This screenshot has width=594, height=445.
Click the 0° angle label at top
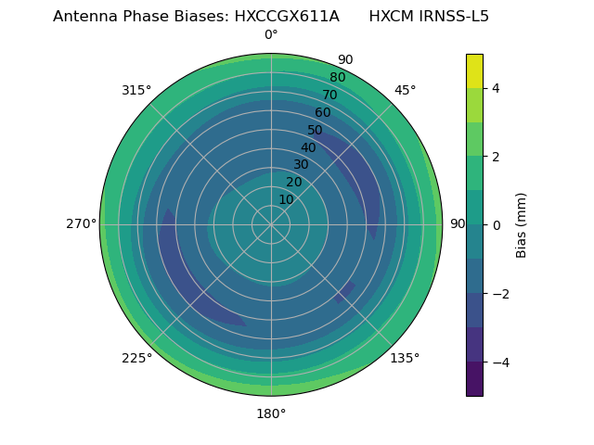[271, 35]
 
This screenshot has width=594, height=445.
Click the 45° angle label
[405, 90]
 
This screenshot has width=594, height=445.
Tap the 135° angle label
[405, 358]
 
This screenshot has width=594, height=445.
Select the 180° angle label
[271, 413]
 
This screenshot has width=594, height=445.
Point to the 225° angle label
[136, 358]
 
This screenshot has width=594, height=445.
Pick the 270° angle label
[81, 224]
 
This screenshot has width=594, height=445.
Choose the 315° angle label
[136, 90]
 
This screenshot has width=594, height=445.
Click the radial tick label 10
[286, 199]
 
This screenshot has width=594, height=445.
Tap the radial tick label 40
[308, 147]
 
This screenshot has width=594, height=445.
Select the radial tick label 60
[323, 113]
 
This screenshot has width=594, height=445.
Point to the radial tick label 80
[338, 78]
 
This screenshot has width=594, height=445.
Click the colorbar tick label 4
[496, 88]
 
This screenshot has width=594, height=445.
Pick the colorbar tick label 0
[496, 224]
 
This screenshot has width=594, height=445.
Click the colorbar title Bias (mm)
[522, 224]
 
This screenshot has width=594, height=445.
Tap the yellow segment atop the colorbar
[475, 70]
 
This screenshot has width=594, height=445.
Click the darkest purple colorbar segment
[475, 378]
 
